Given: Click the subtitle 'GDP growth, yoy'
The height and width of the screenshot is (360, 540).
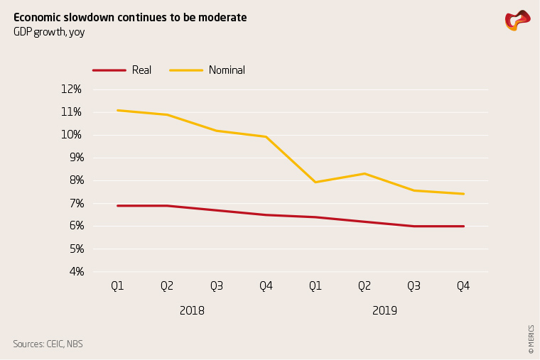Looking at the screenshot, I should point(49,32).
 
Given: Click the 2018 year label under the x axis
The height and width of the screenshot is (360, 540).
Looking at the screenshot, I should point(192,310).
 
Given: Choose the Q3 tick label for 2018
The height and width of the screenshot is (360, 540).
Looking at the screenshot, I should point(216,286).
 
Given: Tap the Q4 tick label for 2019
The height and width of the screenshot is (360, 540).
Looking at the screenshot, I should point(463,286).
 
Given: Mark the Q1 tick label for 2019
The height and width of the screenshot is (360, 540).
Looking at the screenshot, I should point(315,286).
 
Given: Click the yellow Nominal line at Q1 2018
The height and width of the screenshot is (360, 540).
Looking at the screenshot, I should point(117,110).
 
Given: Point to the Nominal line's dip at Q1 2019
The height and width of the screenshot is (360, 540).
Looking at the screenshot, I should point(315,182).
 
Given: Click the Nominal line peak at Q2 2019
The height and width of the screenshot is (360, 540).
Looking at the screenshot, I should point(364,173).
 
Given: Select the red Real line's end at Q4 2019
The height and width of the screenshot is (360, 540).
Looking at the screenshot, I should point(463,226).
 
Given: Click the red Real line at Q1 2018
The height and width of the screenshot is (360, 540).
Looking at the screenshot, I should point(117,206).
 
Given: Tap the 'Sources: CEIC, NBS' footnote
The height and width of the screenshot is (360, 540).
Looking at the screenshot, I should point(48,344).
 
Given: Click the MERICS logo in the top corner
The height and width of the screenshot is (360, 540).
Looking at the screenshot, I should point(517,20).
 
